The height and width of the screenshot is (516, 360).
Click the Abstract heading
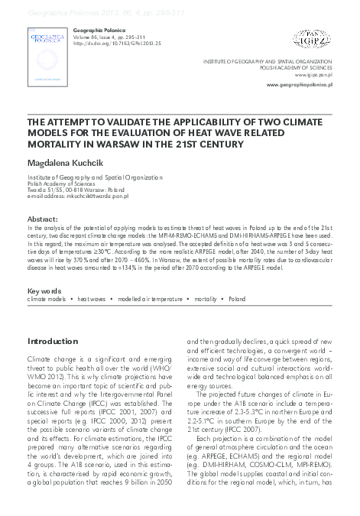click(42, 219)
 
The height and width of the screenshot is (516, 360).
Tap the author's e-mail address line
click(78, 196)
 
